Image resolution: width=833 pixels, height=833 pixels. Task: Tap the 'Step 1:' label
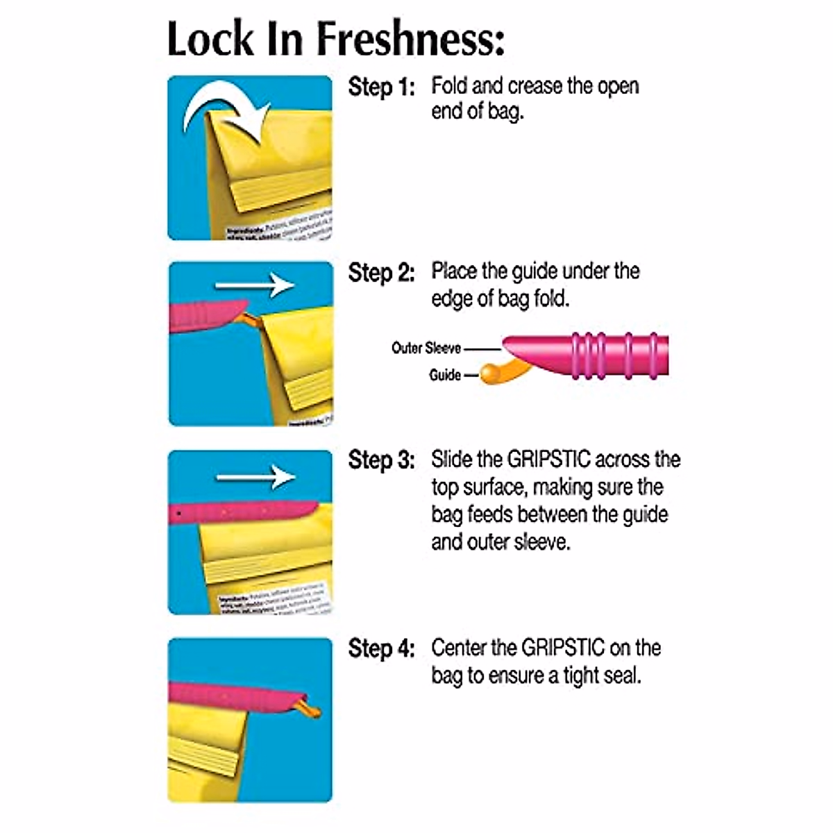pos(381,87)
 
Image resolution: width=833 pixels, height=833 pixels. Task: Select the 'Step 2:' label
pos(381,273)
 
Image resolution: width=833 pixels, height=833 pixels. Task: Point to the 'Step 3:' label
pos(381,460)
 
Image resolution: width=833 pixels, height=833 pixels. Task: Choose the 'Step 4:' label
pos(381,648)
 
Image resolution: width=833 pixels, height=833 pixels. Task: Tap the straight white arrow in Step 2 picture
pos(254,285)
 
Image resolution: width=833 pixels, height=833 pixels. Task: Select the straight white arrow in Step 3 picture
pos(255,477)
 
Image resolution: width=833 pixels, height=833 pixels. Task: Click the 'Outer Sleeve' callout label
pos(426,348)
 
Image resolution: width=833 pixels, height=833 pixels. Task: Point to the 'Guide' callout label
pos(444,375)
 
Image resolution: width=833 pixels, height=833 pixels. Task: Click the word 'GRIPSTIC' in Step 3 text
pos(549,460)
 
